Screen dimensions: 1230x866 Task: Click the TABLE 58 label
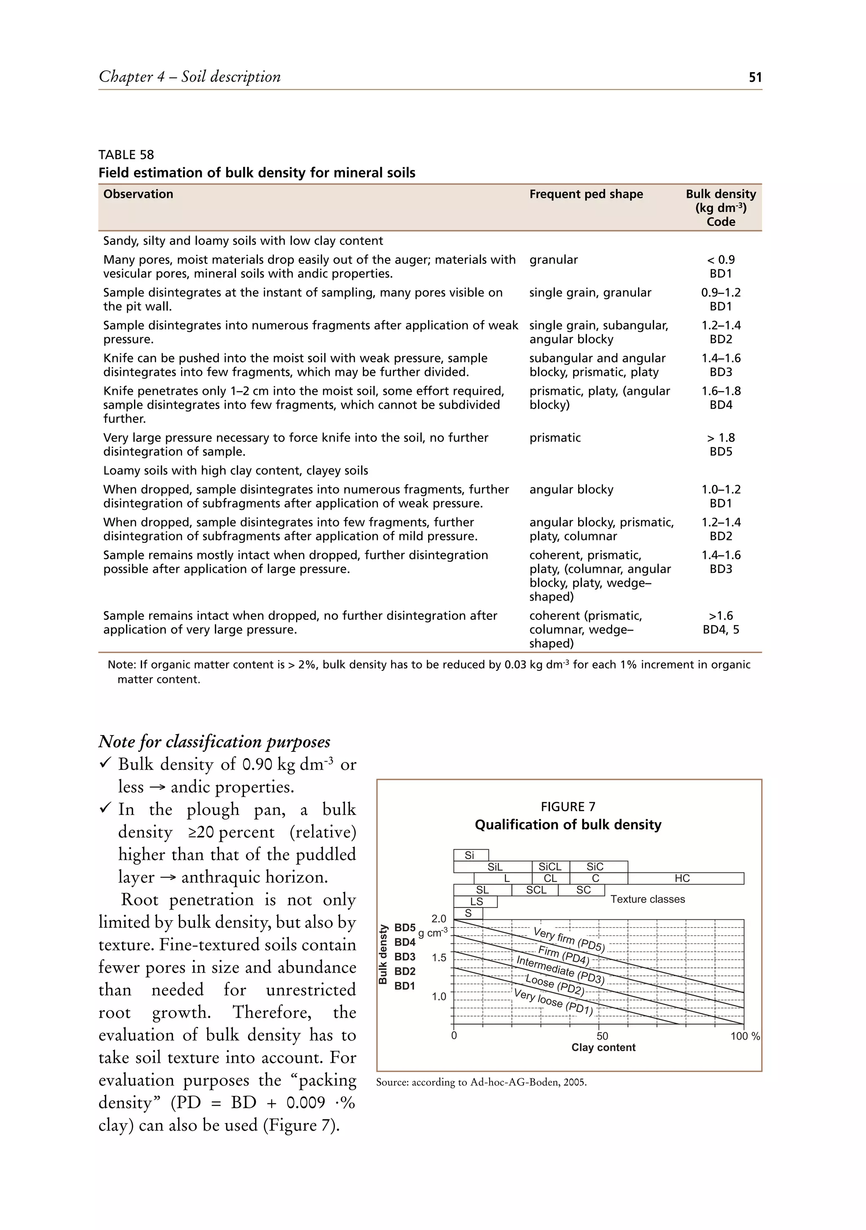(x=126, y=155)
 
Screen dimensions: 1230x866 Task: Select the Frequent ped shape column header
(x=586, y=194)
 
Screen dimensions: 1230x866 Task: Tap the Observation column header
(x=138, y=194)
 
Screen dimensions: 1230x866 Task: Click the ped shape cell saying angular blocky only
(x=571, y=489)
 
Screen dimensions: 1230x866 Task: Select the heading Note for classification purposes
(x=214, y=741)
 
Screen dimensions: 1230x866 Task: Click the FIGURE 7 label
(x=567, y=807)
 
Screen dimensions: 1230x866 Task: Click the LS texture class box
(x=476, y=902)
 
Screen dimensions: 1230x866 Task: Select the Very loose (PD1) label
(x=553, y=1002)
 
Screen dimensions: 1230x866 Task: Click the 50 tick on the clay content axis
(x=602, y=1036)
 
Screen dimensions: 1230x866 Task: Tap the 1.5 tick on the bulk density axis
(x=439, y=957)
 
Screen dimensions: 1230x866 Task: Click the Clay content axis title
(x=603, y=1047)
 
